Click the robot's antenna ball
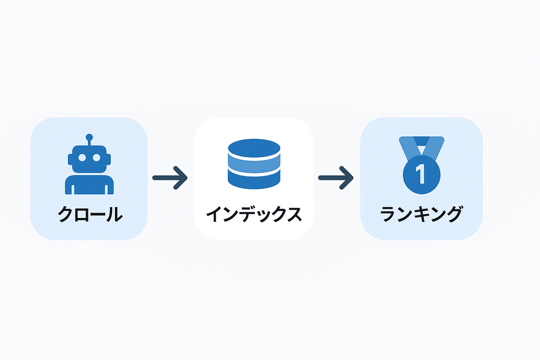click(89, 137)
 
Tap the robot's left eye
click(82, 158)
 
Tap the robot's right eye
click(97, 158)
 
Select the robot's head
click(89, 159)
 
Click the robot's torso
click(89, 185)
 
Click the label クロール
click(90, 214)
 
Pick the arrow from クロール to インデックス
click(170, 178)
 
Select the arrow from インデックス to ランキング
click(336, 178)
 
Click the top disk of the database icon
click(254, 148)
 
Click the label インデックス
click(254, 214)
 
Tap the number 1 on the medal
click(421, 174)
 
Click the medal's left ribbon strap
click(407, 149)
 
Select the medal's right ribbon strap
click(435, 149)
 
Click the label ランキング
click(422, 214)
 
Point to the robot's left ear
click(70, 159)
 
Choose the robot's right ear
click(109, 159)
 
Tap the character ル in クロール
click(113, 214)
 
